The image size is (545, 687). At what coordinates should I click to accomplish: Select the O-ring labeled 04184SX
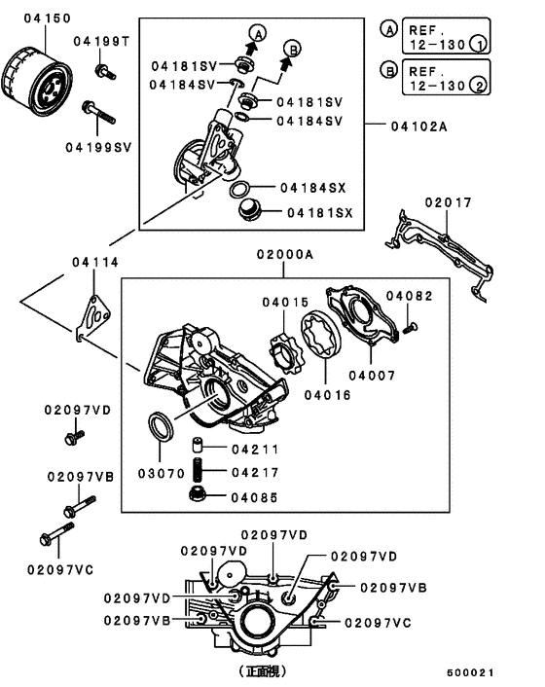tap(244, 187)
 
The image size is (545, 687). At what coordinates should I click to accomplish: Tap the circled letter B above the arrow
tap(292, 47)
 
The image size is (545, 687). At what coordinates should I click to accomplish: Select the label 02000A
tap(286, 255)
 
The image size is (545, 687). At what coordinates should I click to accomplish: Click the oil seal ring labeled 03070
tap(161, 426)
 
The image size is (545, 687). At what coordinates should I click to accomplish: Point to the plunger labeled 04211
tap(196, 449)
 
